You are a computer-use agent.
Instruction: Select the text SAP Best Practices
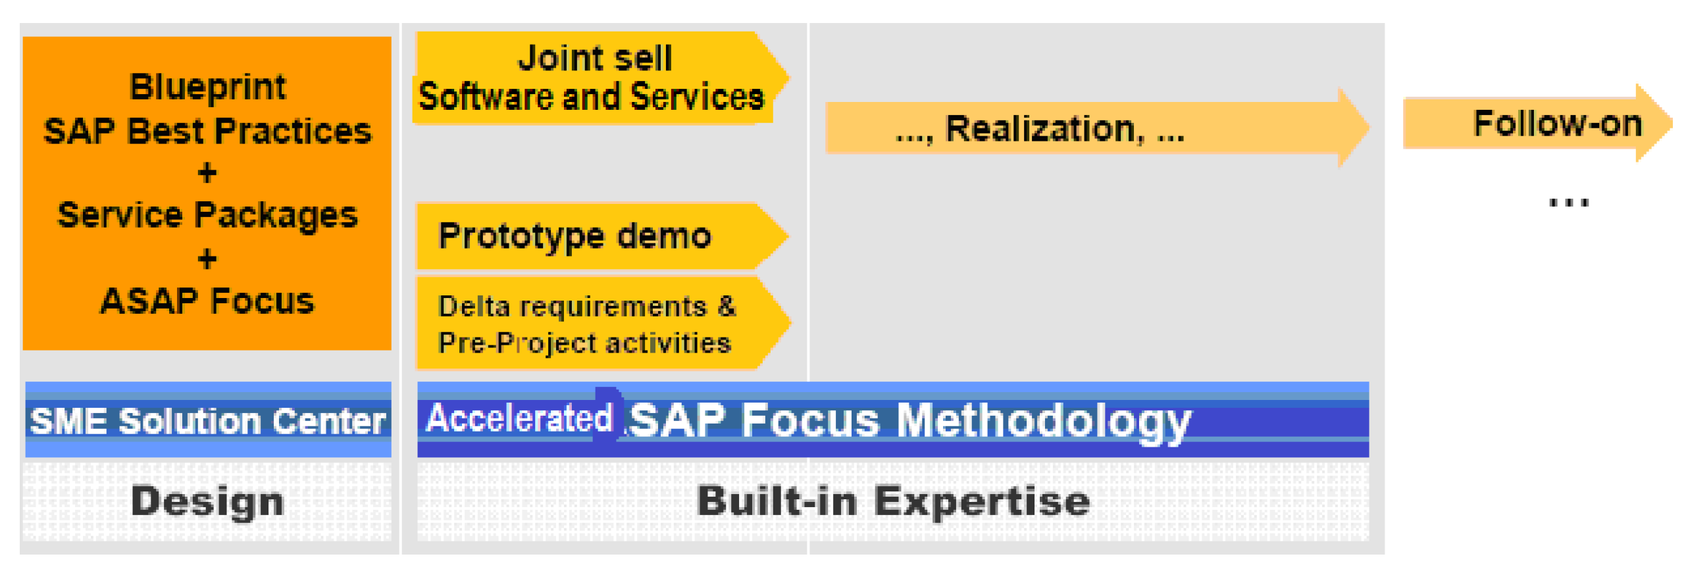click(x=207, y=131)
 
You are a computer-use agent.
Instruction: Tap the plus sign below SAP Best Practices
click(x=207, y=173)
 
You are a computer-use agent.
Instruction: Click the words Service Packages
click(x=207, y=216)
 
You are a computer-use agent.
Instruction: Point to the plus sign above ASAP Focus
click(x=207, y=259)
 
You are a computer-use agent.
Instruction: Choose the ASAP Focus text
click(x=207, y=301)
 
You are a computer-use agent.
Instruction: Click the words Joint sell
click(x=596, y=58)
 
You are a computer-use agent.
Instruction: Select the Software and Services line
click(x=592, y=97)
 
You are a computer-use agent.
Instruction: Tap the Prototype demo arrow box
click(x=602, y=236)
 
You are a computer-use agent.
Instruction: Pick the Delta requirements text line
click(x=587, y=307)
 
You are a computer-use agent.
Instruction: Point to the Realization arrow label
click(x=1040, y=129)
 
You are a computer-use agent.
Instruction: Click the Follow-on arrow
click(x=1537, y=124)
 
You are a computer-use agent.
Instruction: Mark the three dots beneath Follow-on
click(x=1569, y=203)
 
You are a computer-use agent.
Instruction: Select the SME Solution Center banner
click(x=208, y=420)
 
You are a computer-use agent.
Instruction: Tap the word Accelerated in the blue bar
click(x=519, y=418)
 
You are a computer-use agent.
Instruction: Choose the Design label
click(x=207, y=502)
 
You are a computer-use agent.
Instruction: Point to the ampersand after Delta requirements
click(x=727, y=307)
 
